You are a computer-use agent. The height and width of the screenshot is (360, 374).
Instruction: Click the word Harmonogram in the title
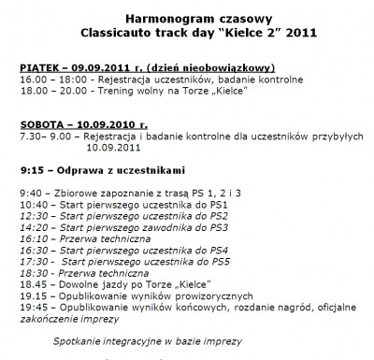[151, 18]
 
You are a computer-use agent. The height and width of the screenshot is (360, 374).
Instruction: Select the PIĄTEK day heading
[38, 69]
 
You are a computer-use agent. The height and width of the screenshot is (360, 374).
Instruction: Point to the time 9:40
[29, 192]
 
